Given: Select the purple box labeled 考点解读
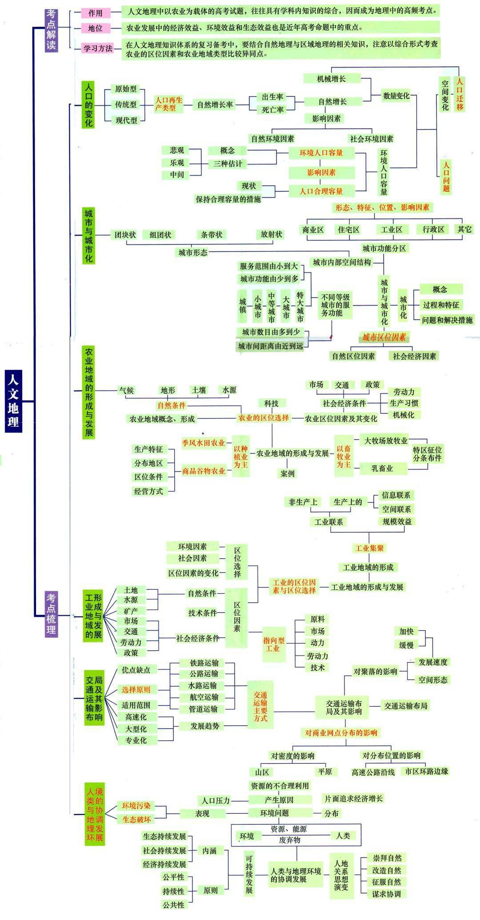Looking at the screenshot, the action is coord(52,30).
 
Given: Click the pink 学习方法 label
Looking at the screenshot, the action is coord(98,48).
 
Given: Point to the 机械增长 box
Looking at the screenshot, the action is coord(332,79).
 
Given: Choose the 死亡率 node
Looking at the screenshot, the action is coord(272,109).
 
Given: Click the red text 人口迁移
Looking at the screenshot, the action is coord(460,94).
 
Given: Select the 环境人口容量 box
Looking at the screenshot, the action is coord(321,153).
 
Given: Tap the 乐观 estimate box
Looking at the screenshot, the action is coord(176,163).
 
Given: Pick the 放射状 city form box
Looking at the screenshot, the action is coord(271,235).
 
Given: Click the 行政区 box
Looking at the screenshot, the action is coord(433,229).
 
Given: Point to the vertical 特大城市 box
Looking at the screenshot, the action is coord(300,307).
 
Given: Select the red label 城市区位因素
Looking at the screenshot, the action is coord(384,337).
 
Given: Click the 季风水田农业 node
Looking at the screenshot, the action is coord(204,443).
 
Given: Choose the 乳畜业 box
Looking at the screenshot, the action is coord(382,468).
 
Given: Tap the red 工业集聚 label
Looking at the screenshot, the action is coord(369,548).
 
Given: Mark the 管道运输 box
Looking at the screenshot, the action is coord(204,709).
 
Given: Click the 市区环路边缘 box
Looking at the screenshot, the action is coord(427,772).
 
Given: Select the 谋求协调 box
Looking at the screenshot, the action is coord(387,894).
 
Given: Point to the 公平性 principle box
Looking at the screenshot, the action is coord(173,877).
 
